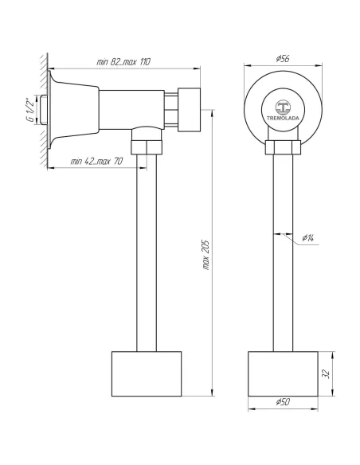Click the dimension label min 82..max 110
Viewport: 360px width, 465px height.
tap(123, 62)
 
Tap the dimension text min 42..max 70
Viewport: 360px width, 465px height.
tap(96, 162)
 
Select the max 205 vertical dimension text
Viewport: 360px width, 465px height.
tap(206, 255)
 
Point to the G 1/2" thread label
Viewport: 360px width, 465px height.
tap(30, 110)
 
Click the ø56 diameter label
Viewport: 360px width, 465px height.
tap(282, 58)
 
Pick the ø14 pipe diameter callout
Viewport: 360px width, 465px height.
tap(307, 237)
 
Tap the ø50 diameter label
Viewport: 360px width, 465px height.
tap(283, 402)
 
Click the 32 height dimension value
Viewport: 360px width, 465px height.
tap(326, 373)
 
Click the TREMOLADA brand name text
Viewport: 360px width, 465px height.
tap(283, 118)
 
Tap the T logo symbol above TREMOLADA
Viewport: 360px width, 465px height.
tap(283, 107)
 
